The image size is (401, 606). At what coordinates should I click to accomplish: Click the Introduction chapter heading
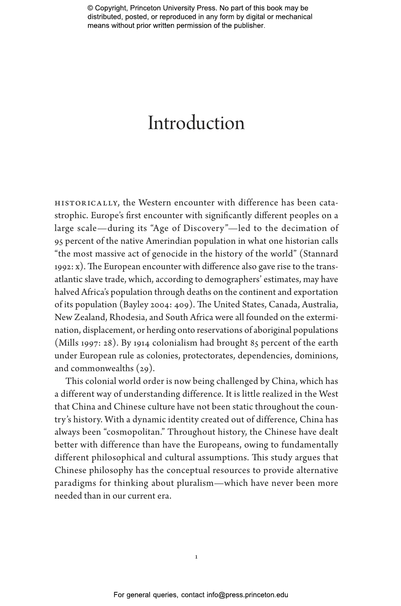196,123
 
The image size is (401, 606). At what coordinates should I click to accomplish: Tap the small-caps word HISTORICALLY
86,203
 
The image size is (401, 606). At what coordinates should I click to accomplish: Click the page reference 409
182,305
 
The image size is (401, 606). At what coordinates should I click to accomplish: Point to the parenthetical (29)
145,369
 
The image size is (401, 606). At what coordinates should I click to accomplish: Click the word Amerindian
169,241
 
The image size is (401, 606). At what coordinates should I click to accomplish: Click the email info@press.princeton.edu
247,595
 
